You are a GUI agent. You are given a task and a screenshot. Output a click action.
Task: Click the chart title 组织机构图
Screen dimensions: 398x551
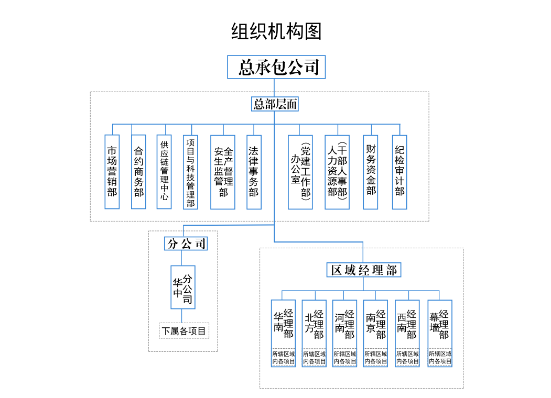click(276, 32)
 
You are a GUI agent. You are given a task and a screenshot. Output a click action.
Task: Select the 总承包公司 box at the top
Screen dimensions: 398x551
click(276, 67)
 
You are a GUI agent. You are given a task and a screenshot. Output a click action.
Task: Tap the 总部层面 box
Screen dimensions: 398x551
click(275, 104)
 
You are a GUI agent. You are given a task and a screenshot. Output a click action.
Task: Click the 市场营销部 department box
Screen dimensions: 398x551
click(112, 172)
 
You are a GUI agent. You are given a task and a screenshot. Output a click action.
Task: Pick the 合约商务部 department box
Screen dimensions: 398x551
click(138, 172)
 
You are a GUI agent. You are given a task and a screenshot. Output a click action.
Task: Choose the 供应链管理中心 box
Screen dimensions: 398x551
click(164, 172)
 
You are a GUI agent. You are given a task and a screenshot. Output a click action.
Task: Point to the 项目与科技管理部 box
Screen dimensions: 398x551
click(190, 172)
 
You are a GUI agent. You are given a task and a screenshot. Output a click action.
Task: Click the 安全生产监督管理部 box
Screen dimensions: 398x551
click(223, 172)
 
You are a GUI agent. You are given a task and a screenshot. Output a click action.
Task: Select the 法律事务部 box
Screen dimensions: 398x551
click(254, 172)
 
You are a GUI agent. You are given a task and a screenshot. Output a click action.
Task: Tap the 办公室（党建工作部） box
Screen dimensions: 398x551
click(300, 172)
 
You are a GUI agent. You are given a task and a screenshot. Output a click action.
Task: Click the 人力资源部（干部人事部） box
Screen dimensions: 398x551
click(337, 172)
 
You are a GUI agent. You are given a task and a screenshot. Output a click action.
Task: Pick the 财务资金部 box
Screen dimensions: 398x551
click(371, 172)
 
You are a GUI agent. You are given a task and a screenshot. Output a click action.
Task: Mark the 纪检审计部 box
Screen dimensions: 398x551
click(399, 172)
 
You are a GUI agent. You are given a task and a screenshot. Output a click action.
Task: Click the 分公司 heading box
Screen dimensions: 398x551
click(186, 244)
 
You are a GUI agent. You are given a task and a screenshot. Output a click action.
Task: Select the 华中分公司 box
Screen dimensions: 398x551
click(183, 287)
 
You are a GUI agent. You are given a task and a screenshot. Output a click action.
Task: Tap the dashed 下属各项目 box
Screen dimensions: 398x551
click(184, 331)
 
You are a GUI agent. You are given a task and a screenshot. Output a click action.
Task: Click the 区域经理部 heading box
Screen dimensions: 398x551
click(364, 270)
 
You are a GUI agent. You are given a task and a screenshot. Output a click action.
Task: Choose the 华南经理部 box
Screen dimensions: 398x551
click(284, 324)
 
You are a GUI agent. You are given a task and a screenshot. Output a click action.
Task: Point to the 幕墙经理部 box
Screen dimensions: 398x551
click(440, 324)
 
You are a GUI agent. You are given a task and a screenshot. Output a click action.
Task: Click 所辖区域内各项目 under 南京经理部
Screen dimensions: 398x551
click(376, 358)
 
